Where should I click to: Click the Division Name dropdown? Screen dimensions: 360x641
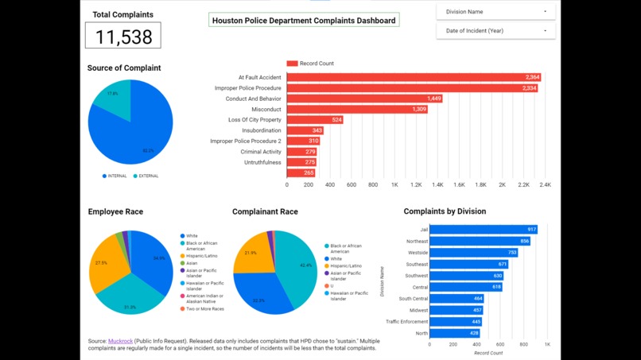point(495,12)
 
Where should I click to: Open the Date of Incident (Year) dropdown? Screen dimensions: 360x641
point(495,31)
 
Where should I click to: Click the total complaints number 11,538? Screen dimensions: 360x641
point(123,36)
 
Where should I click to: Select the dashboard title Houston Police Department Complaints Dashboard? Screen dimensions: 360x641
point(304,21)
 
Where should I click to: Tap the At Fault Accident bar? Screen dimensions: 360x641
point(414,77)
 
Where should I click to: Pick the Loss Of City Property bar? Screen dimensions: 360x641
point(315,120)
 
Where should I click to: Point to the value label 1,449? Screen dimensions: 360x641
point(433,99)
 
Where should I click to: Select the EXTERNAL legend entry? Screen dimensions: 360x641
point(146,176)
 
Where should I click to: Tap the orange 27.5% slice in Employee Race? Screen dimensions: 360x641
point(104,262)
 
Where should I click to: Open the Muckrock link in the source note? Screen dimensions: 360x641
point(121,340)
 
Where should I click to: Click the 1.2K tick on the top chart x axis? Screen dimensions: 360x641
point(416,184)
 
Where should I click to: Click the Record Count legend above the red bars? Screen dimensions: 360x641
point(311,63)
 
